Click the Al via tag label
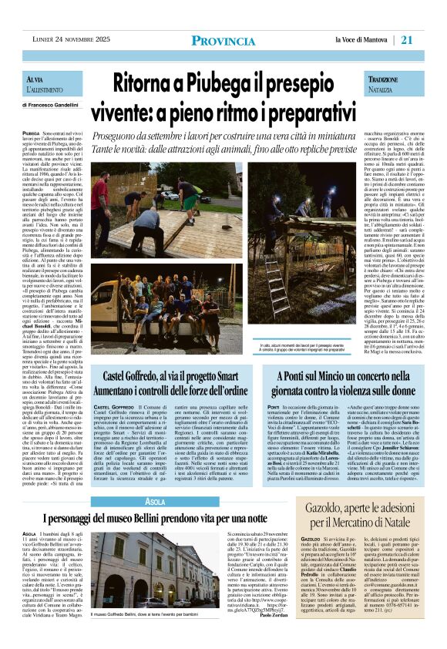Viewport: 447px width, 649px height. click(35, 79)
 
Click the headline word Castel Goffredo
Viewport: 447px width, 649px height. click(139, 375)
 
